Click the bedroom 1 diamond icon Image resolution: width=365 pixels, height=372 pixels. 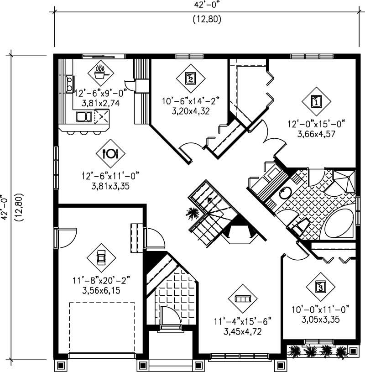click(316, 101)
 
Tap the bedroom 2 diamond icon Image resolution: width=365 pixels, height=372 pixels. click(190, 78)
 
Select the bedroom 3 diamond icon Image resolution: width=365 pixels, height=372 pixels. click(321, 287)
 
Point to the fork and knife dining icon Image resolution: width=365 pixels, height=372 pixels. click(110, 153)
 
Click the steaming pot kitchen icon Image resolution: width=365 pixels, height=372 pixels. click(101, 72)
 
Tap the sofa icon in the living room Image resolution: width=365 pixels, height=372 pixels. click(243, 298)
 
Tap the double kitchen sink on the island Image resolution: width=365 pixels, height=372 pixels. click(83, 117)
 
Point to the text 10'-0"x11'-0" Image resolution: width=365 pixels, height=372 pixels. click(320, 310)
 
